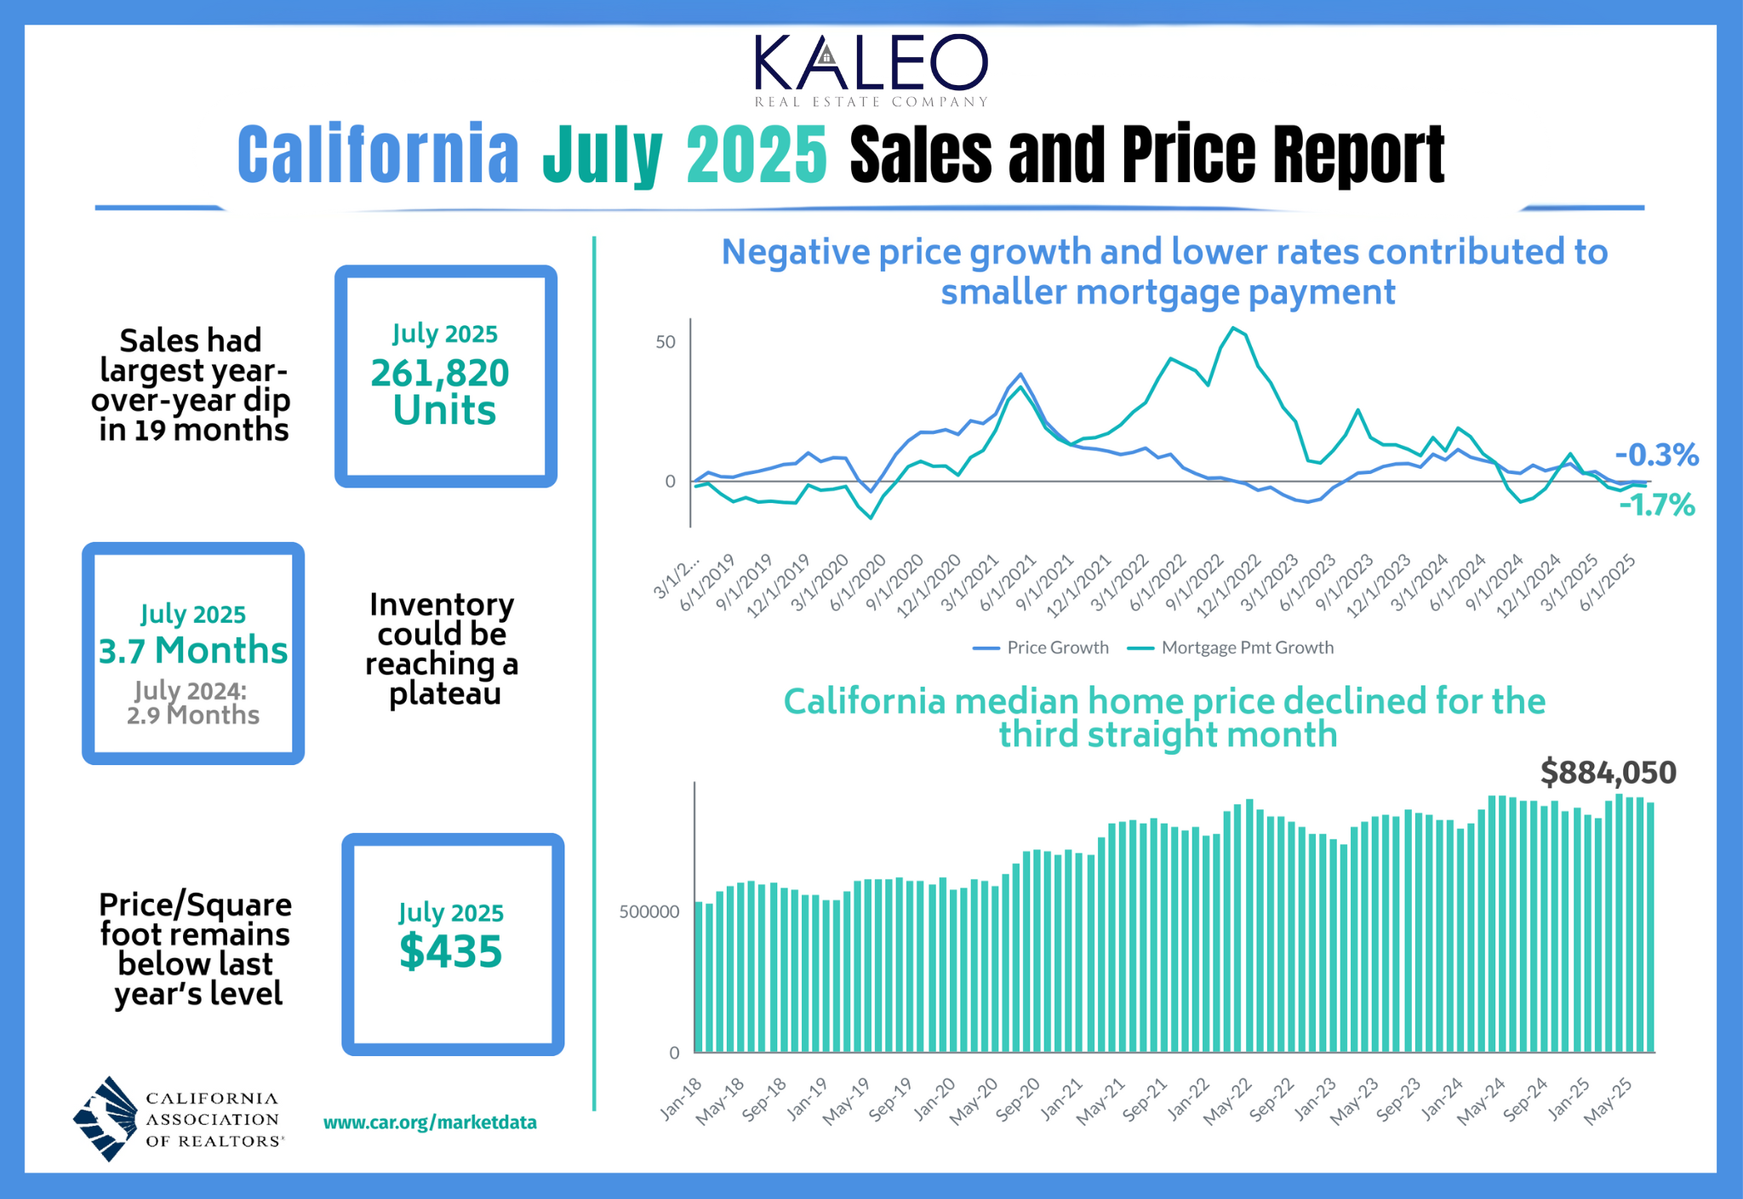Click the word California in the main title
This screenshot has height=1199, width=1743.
coord(378,155)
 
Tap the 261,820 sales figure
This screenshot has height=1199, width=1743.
coord(440,373)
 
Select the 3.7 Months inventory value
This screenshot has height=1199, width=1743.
coord(193,651)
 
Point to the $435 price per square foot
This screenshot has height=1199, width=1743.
coord(451,951)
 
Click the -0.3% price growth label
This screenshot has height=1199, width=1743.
coord(1656,455)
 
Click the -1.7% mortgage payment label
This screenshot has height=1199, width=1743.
coord(1656,505)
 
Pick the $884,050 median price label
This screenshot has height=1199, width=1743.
coord(1608,773)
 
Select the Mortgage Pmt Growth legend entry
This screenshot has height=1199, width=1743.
coord(1232,648)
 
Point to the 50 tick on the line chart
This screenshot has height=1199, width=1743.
coord(665,342)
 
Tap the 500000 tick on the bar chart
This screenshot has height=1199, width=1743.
coord(649,912)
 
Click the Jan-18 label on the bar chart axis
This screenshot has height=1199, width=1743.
coord(682,1098)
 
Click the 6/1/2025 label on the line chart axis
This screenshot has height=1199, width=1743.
coord(1609,582)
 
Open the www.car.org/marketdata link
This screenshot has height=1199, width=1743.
coord(430,1122)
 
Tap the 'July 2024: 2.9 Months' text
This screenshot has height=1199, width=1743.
coord(192,703)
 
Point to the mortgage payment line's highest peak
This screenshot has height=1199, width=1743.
coord(1233,328)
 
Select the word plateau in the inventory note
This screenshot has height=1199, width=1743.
coord(444,694)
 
